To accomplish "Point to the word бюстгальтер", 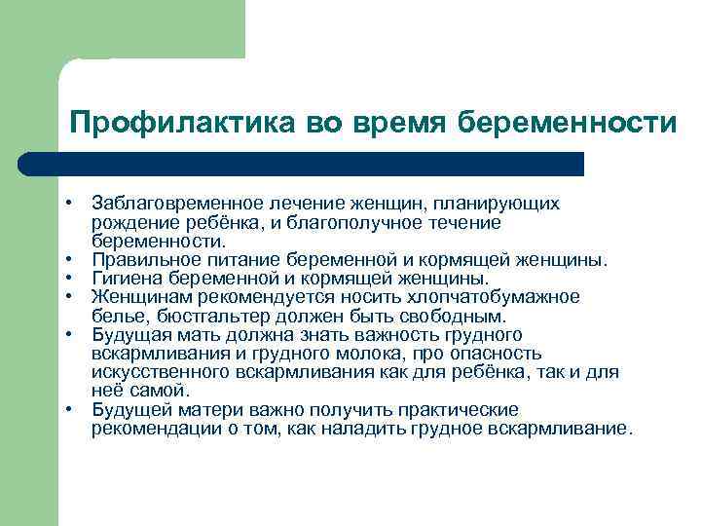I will coord(198,317).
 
